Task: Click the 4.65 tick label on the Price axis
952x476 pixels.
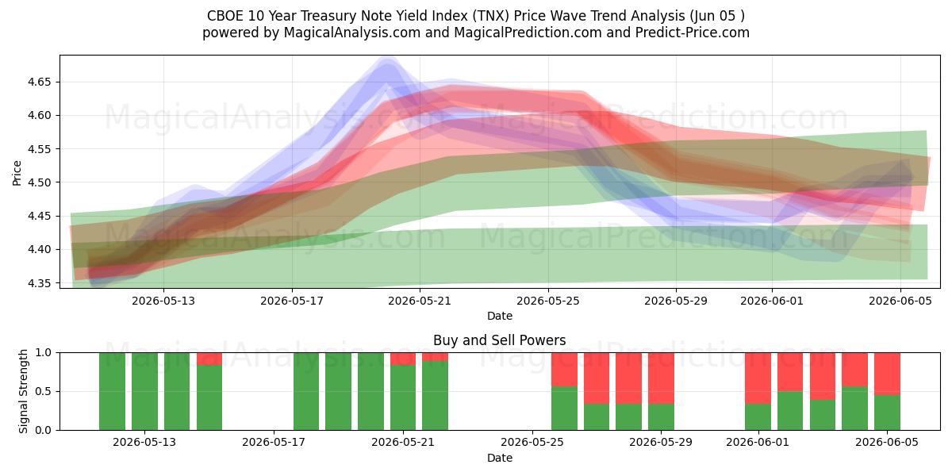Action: (x=39, y=82)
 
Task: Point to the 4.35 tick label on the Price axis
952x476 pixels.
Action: (x=39, y=283)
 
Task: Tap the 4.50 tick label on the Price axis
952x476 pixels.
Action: (x=39, y=182)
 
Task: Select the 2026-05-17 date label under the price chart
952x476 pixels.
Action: (x=292, y=301)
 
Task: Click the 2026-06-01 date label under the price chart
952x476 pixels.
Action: (x=772, y=301)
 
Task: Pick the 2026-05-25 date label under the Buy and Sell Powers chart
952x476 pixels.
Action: (x=532, y=443)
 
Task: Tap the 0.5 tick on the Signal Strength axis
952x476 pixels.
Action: (x=43, y=391)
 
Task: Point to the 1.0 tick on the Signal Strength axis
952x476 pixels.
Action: (x=43, y=353)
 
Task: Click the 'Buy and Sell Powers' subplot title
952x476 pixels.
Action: (x=499, y=340)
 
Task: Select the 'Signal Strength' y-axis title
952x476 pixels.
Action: (x=23, y=391)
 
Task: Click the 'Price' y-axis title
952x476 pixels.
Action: (x=17, y=173)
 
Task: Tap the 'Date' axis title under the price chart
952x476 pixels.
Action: (x=499, y=317)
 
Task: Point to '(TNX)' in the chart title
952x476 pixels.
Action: (x=489, y=16)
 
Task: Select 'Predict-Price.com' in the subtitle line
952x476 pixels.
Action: (x=693, y=33)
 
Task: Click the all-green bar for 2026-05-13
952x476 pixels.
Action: (x=144, y=391)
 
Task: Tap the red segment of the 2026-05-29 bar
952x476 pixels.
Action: (x=661, y=378)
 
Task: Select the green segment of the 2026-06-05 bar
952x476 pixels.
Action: (x=887, y=413)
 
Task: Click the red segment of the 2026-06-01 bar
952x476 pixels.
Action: (x=758, y=378)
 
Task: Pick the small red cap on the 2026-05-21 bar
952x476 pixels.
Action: (x=403, y=359)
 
